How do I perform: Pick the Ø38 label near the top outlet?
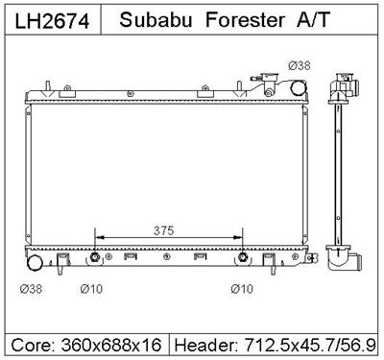[299, 66]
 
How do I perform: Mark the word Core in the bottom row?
[30, 343]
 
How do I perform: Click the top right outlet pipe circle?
[299, 87]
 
